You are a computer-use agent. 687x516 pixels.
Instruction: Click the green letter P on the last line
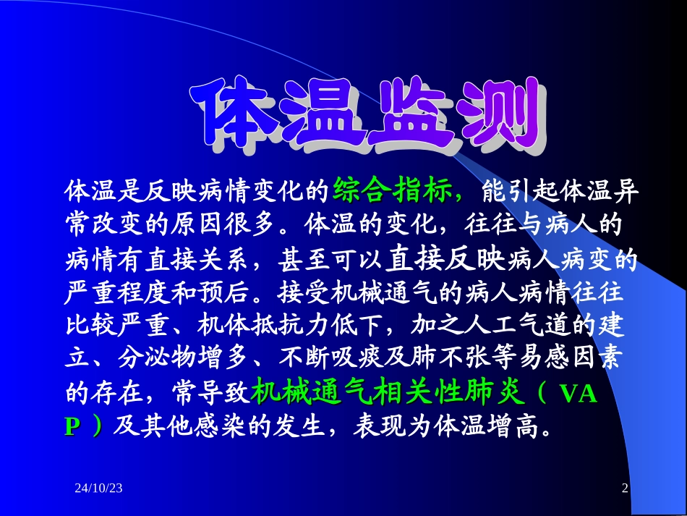click(x=72, y=428)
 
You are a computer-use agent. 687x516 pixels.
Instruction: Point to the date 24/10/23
click(x=98, y=489)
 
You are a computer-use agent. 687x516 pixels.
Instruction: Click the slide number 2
click(x=626, y=489)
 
